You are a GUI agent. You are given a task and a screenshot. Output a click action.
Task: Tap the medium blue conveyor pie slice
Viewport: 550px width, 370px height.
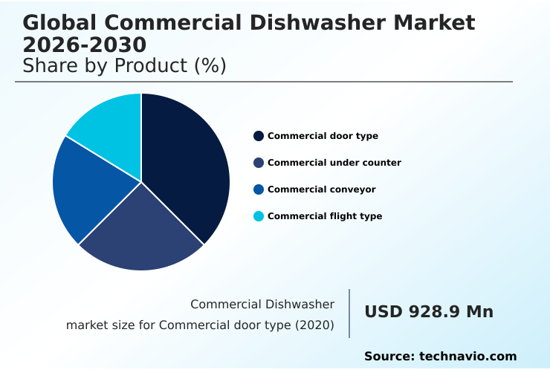coord(82,189)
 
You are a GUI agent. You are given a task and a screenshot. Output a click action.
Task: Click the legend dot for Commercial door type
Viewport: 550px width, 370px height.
coord(259,136)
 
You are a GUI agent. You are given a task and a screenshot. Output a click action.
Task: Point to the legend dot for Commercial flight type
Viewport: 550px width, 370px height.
coord(259,216)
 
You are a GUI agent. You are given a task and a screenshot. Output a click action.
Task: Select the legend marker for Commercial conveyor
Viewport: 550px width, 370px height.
coord(259,189)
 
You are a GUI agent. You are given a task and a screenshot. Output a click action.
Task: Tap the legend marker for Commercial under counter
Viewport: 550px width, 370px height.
coord(259,163)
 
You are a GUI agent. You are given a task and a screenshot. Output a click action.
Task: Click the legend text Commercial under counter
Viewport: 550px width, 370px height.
coord(334,163)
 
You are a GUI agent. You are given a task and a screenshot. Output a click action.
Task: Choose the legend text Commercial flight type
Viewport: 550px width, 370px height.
coord(325,216)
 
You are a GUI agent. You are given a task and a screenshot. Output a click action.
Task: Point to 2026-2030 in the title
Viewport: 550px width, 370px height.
coord(85,45)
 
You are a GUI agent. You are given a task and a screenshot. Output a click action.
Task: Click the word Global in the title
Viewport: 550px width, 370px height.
coord(58,22)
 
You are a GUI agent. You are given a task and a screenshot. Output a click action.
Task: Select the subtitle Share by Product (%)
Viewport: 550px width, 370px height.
coord(124,66)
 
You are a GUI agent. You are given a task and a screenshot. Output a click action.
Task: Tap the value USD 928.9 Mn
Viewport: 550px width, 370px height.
coord(429,312)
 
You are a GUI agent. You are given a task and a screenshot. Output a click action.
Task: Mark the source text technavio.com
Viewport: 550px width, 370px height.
coord(467,357)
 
